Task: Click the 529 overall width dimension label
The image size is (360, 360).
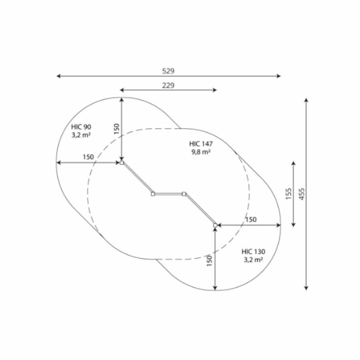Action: [168, 71]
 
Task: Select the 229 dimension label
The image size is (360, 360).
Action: [168, 86]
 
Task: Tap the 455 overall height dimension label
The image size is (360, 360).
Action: [302, 194]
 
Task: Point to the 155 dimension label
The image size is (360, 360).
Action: [288, 194]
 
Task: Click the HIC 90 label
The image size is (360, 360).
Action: [81, 127]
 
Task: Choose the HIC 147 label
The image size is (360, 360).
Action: [201, 144]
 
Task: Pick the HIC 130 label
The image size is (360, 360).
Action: [253, 252]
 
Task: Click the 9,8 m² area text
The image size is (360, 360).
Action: [201, 152]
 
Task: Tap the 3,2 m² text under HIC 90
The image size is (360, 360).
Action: [81, 135]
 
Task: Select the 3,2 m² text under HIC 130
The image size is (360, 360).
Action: [253, 260]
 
